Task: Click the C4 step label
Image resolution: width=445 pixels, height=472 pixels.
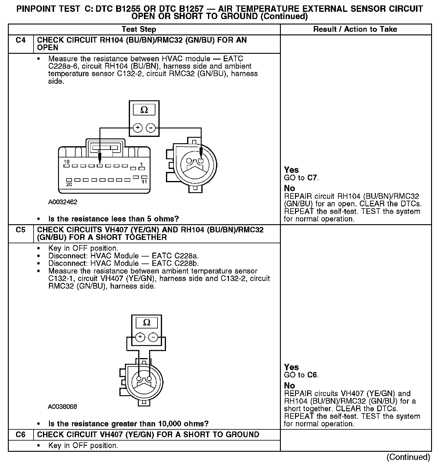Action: click(21, 40)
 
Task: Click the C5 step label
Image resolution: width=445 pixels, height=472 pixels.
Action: click(21, 230)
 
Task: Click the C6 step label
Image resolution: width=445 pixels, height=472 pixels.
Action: click(21, 435)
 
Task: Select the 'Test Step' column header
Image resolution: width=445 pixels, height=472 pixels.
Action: click(139, 29)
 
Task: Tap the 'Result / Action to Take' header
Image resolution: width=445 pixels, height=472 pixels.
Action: click(355, 29)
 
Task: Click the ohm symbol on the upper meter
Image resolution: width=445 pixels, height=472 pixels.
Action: click(144, 110)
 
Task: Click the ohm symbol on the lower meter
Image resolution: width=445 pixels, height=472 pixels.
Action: click(146, 322)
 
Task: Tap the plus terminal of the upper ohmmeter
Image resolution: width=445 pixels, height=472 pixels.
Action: click(138, 128)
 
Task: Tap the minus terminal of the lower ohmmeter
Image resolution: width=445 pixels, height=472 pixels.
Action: click(153, 337)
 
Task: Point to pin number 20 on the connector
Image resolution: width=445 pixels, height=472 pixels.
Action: click(69, 184)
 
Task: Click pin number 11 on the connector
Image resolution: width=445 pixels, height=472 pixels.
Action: click(144, 182)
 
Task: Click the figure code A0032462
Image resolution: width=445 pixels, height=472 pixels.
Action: click(63, 202)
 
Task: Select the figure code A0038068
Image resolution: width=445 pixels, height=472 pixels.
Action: click(62, 407)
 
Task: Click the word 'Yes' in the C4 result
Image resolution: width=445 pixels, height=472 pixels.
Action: click(291, 170)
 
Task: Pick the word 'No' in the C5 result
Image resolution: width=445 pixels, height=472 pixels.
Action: click(289, 386)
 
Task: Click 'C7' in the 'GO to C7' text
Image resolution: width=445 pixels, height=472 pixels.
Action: click(312, 178)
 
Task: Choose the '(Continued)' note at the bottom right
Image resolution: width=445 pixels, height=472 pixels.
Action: click(408, 457)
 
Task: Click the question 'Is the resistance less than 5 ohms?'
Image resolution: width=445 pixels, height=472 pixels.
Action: click(113, 219)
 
